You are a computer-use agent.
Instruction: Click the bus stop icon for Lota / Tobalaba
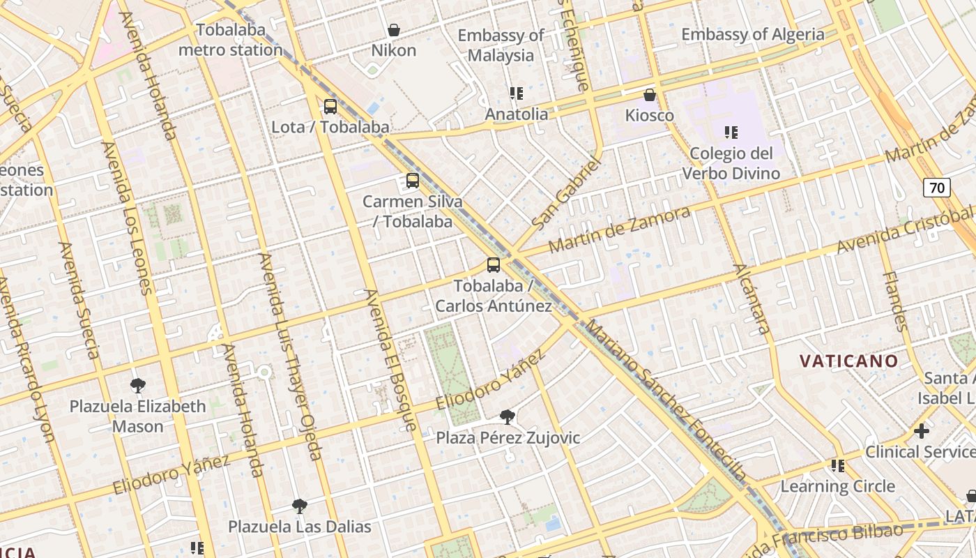[330, 107]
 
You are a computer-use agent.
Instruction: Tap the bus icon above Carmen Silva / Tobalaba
[413, 181]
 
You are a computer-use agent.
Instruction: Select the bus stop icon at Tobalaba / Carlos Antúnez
[494, 265]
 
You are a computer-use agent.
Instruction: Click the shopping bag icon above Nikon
[394, 30]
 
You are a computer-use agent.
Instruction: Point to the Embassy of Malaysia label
[501, 45]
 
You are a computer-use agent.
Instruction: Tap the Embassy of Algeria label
[752, 34]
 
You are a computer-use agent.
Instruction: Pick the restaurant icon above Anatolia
[517, 93]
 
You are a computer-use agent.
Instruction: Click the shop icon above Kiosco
[650, 95]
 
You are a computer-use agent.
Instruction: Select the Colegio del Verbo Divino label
[731, 163]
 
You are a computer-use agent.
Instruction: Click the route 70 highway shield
[937, 188]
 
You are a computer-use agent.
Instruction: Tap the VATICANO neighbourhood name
[848, 361]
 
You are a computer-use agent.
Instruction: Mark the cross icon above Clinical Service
[922, 431]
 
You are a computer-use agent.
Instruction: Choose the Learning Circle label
[837, 486]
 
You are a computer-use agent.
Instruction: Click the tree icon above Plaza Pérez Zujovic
[508, 417]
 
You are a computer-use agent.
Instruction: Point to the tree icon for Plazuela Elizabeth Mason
[138, 385]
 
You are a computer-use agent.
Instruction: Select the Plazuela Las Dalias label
[300, 526]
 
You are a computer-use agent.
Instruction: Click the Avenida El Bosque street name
[390, 359]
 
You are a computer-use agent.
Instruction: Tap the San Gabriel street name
[565, 195]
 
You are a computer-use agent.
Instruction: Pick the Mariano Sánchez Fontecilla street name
[666, 402]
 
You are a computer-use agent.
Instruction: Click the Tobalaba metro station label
[231, 40]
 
